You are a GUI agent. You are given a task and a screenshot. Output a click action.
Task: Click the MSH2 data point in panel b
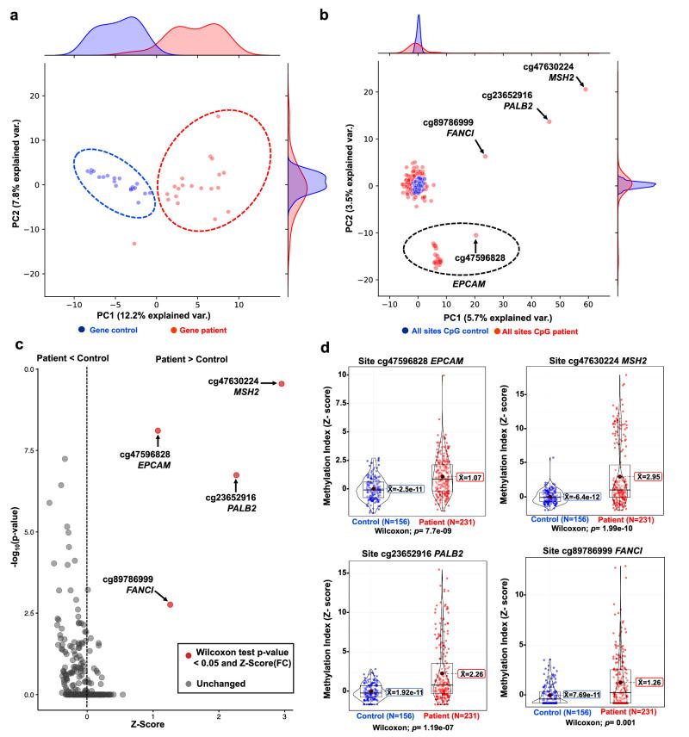pos(586,89)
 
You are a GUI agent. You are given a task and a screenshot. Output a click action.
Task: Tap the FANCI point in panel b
pos(485,156)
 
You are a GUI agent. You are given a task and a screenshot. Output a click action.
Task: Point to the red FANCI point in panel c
pos(170,604)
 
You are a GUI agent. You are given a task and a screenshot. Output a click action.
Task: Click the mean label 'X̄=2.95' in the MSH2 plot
pos(649,476)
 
